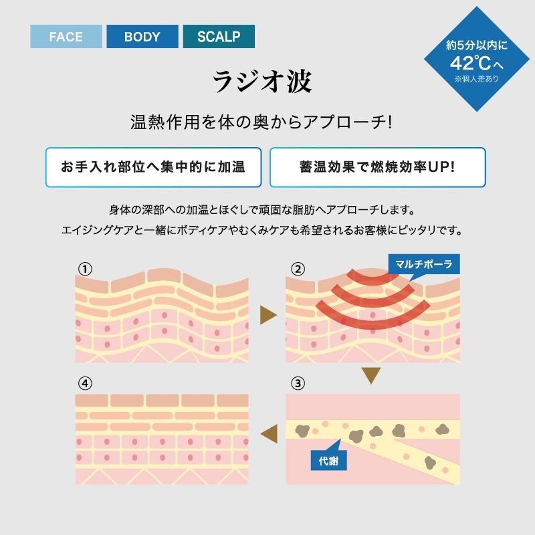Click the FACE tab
(x=66, y=36)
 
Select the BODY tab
(x=142, y=36)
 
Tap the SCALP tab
(x=219, y=36)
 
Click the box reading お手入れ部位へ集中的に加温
(x=152, y=167)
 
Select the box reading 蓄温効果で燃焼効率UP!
(x=377, y=167)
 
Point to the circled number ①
(x=84, y=269)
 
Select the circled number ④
(x=84, y=384)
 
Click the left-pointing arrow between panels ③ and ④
(x=268, y=432)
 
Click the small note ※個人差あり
(x=477, y=79)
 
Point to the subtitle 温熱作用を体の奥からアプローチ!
(x=261, y=124)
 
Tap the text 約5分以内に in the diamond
(x=477, y=46)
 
